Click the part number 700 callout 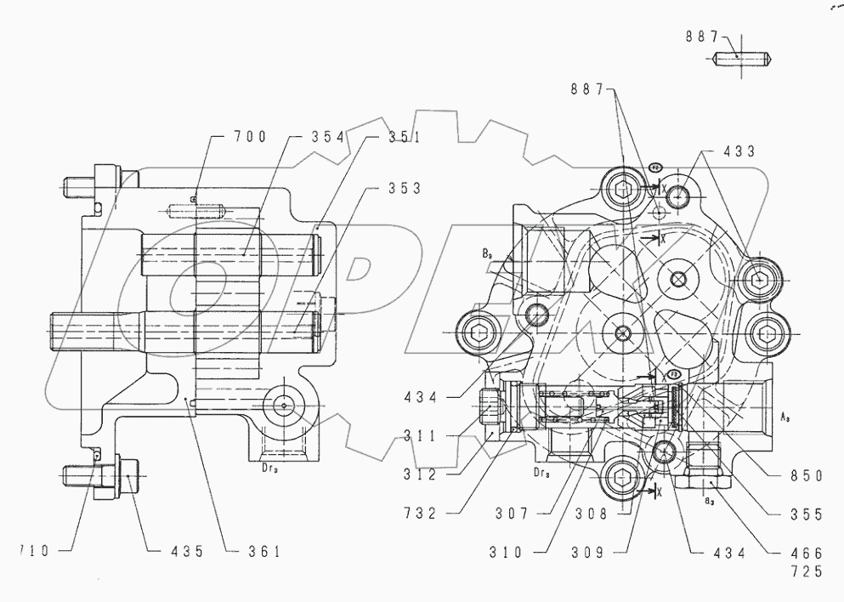[x=251, y=136]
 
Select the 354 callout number [x=312, y=137]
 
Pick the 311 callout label [x=421, y=436]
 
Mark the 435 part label [x=181, y=552]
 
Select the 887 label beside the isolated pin [x=701, y=37]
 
